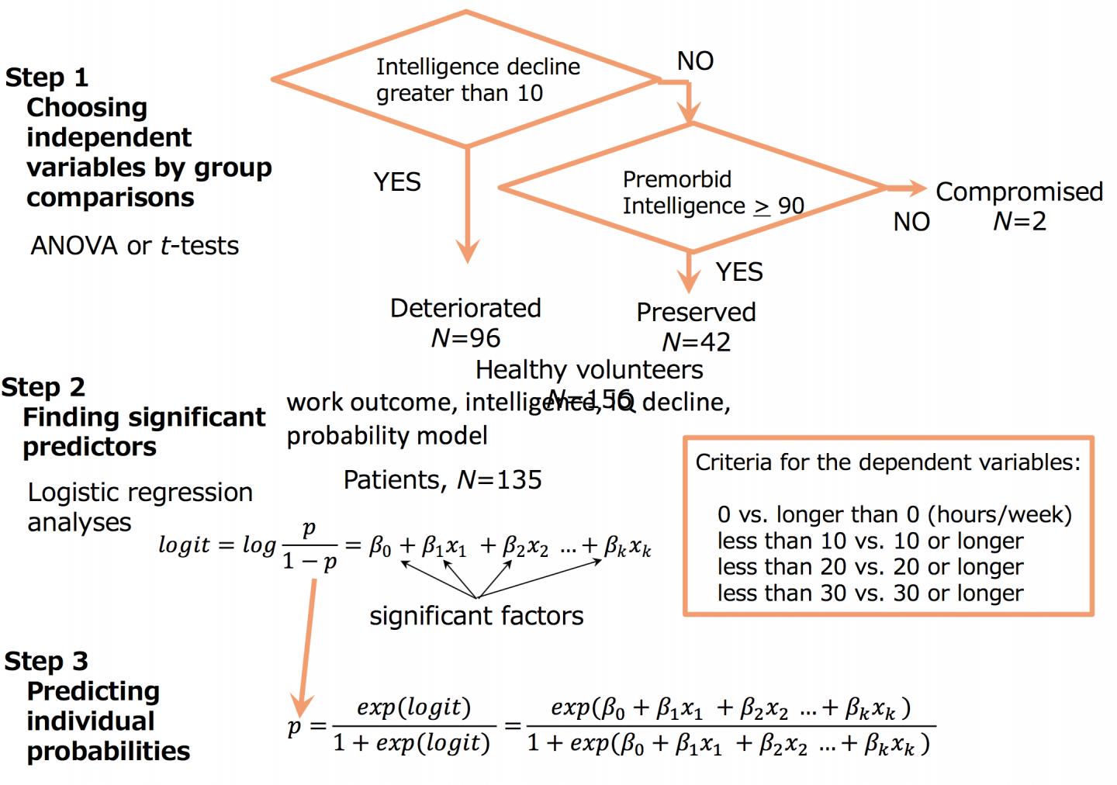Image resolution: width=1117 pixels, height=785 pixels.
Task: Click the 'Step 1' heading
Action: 47,78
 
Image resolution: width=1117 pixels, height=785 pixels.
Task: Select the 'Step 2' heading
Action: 43,387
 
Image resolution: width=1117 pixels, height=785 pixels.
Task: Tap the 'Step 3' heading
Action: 46,661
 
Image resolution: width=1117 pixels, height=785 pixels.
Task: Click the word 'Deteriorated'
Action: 465,308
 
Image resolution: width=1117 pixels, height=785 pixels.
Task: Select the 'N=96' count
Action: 465,338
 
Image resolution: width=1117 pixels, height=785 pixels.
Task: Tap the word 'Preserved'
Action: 696,312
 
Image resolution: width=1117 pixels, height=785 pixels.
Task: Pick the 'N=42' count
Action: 696,342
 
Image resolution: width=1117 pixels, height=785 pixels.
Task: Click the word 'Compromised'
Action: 1019,192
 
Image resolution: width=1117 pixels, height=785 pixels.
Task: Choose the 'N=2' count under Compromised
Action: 1019,222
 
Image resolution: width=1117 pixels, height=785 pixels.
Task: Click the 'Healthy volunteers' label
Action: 589,370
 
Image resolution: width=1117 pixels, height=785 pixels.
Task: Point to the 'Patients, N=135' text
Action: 442,480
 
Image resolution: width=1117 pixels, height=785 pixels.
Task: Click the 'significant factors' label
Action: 476,616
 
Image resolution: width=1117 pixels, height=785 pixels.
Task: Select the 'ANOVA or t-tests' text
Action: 135,246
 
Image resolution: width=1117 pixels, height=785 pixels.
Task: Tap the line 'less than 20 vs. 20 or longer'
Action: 870,567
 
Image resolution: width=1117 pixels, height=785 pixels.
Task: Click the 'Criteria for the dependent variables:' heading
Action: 887,462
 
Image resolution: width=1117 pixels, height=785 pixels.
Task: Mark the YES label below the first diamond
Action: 397,182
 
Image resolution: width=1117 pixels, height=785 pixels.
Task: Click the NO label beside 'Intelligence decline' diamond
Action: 695,61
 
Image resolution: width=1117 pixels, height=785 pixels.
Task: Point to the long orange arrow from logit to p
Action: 307,644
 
